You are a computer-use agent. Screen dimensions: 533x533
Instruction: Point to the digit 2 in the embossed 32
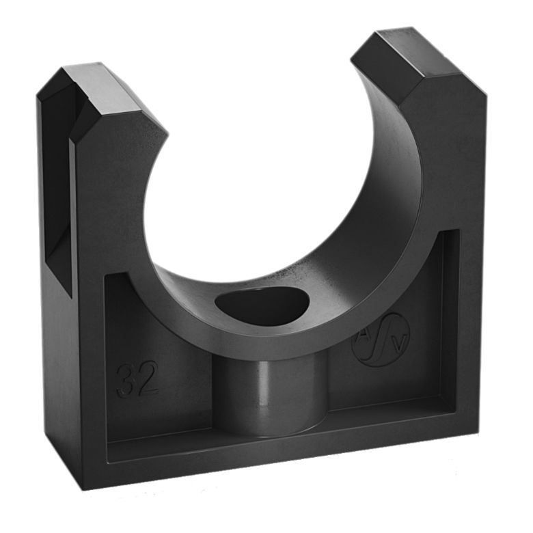tap(148, 378)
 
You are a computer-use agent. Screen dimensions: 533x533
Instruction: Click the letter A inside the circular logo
tap(364, 334)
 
